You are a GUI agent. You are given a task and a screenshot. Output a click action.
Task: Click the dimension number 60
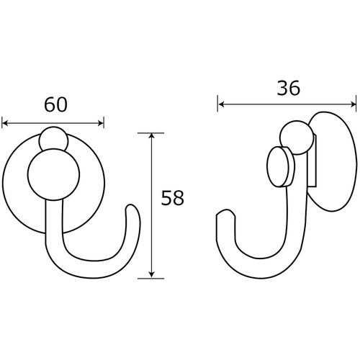pyautogui.click(x=55, y=105)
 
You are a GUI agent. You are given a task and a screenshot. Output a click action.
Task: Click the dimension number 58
pyautogui.click(x=172, y=198)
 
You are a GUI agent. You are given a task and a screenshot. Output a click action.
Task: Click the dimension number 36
pyautogui.click(x=289, y=88)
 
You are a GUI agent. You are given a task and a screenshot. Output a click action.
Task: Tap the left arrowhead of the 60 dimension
pyautogui.click(x=4, y=123)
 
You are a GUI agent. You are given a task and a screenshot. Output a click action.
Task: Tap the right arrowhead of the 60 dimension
pyautogui.click(x=101, y=123)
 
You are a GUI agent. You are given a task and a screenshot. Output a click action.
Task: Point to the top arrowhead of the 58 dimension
pyautogui.click(x=151, y=135)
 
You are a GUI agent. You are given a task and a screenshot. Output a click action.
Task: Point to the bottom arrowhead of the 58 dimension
pyautogui.click(x=151, y=275)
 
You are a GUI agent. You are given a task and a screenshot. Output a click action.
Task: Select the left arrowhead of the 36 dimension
pyautogui.click(x=220, y=104)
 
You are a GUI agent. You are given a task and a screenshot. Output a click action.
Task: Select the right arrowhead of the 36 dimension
pyautogui.click(x=354, y=104)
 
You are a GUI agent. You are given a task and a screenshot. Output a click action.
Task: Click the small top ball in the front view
pyautogui.click(x=54, y=138)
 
